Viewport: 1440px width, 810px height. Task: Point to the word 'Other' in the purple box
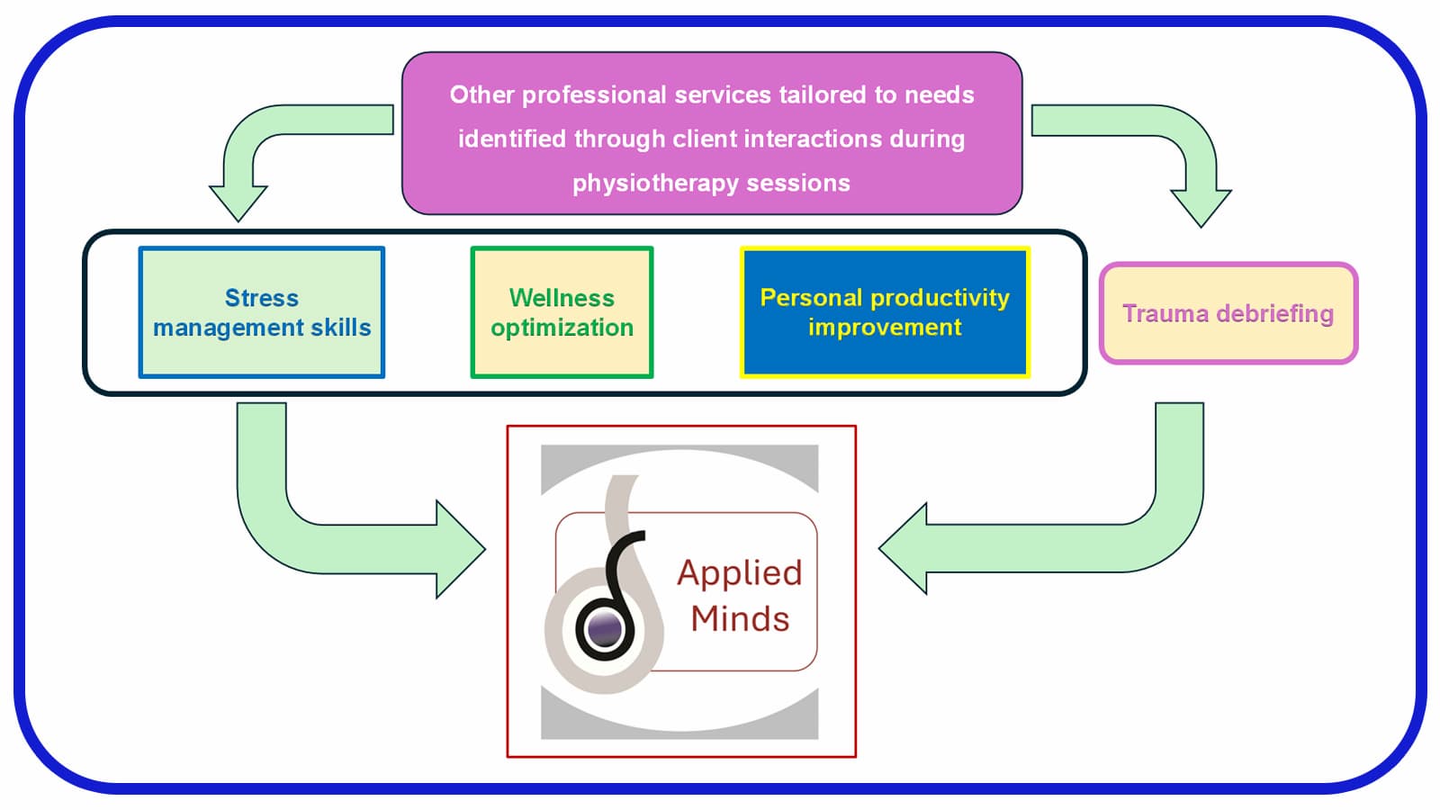tap(482, 94)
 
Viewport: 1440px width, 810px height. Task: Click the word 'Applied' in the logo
tap(740, 572)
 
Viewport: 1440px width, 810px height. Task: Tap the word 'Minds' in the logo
tap(740, 619)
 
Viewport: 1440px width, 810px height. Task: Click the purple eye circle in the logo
tap(603, 629)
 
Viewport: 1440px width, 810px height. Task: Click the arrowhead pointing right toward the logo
tap(459, 549)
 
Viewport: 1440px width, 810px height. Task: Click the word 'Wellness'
tap(562, 298)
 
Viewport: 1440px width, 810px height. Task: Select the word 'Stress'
tap(261, 298)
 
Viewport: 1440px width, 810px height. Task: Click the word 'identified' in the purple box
tap(512, 139)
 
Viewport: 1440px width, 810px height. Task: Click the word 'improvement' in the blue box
tap(885, 328)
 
